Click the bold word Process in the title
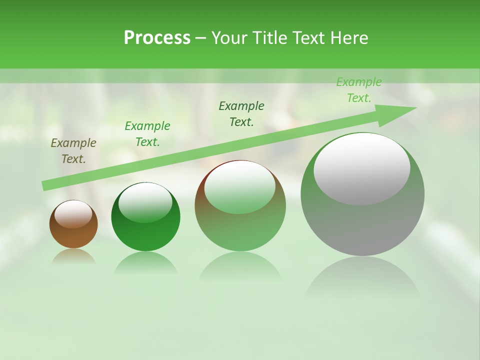157,38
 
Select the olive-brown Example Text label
73,151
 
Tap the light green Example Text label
359,90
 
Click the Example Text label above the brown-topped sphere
241,113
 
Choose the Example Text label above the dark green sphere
147,134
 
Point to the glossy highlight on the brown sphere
73,214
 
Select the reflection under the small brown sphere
73,256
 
